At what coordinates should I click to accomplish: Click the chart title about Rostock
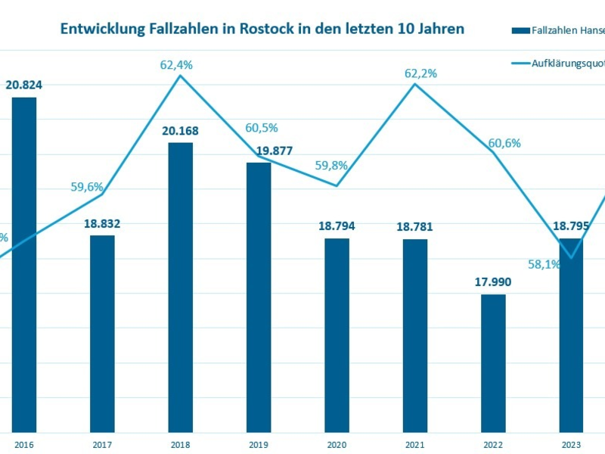pos(262,29)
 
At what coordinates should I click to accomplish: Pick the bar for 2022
pos(493,363)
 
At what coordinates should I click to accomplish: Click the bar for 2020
pos(337,335)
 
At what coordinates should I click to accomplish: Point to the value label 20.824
pos(23,86)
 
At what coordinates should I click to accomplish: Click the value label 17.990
pos(493,282)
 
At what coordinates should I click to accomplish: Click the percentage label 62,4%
pos(176,65)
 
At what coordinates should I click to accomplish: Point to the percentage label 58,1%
pos(544,264)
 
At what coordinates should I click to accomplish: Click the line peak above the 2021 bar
pos(415,83)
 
